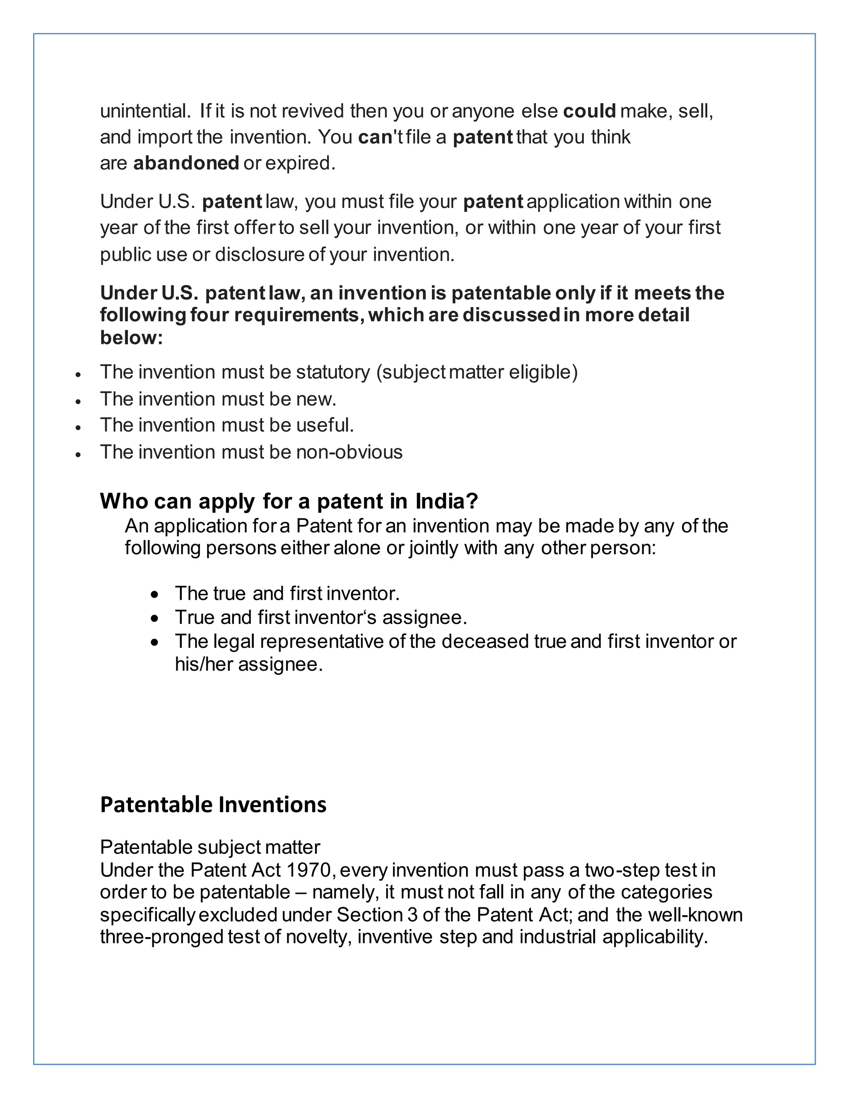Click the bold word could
click(589, 111)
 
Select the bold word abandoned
click(186, 163)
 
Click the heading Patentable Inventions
click(213, 805)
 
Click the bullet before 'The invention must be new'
click(78, 401)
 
